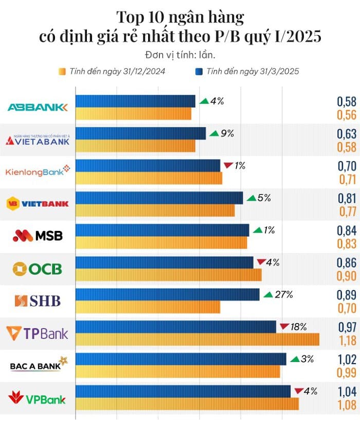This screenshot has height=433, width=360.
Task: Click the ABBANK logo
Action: pyautogui.click(x=38, y=107)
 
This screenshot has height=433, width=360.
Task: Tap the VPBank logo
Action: pyautogui.click(x=38, y=398)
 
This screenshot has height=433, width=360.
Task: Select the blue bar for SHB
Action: pyautogui.click(x=168, y=294)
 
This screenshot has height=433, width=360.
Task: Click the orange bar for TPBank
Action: pyautogui.click(x=197, y=339)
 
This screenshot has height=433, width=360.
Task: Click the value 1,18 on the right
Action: pyautogui.click(x=347, y=340)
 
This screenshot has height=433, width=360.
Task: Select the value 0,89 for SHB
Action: pyautogui.click(x=347, y=295)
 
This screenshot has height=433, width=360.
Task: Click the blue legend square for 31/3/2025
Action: pyautogui.click(x=199, y=71)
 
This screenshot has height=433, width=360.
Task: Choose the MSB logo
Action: pyautogui.click(x=38, y=236)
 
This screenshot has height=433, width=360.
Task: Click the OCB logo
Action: pyautogui.click(x=38, y=268)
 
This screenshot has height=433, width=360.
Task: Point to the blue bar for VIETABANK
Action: pyautogui.click(x=141, y=133)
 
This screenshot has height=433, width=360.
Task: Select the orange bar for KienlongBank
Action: pyautogui.click(x=149, y=178)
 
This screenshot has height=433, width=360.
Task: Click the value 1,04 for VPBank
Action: pyautogui.click(x=347, y=392)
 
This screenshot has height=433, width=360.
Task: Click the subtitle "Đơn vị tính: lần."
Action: pyautogui.click(x=180, y=55)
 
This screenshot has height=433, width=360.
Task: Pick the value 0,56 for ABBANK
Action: pyautogui.click(x=347, y=114)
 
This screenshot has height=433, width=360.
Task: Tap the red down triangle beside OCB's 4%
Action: pyautogui.click(x=261, y=262)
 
